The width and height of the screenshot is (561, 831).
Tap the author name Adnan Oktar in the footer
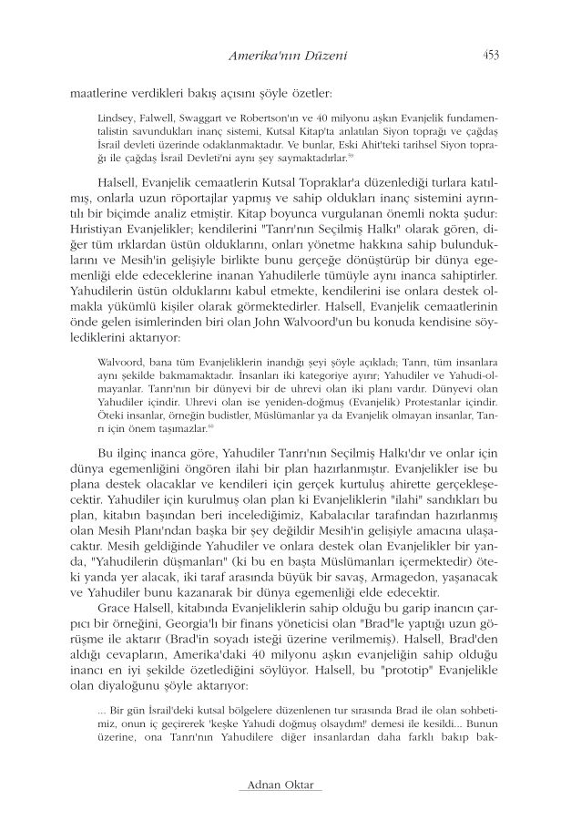(x=280, y=785)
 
